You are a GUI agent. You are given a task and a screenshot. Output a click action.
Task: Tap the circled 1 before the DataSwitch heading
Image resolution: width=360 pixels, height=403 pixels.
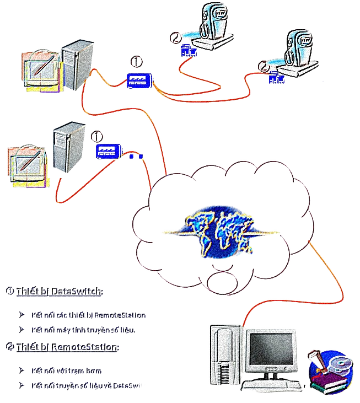pos(10,291)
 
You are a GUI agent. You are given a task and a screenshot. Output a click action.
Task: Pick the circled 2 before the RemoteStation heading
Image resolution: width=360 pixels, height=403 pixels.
pos(10,347)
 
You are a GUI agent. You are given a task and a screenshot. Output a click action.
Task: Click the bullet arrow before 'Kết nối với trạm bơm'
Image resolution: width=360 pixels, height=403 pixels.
pos(22,370)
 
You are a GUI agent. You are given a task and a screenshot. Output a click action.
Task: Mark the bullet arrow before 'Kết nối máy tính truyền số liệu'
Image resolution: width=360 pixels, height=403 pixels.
pos(22,330)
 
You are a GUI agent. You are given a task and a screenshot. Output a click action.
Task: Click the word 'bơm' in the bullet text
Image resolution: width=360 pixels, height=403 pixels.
pos(94,370)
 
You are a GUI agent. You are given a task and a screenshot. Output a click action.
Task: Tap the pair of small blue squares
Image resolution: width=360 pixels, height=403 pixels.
pos(136,157)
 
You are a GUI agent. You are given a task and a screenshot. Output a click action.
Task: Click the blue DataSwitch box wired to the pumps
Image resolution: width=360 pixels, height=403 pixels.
pos(138,81)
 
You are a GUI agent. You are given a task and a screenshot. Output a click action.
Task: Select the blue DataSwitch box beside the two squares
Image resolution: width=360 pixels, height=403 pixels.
pos(108,151)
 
